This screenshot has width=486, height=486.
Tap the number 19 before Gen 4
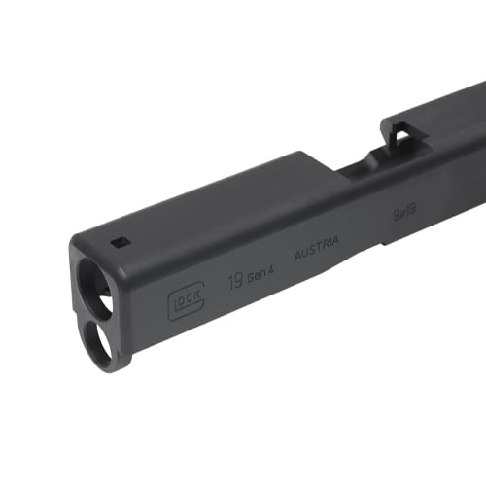click(x=233, y=284)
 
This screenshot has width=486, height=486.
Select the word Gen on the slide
click(x=257, y=278)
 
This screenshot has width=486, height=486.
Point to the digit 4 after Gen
click(x=275, y=273)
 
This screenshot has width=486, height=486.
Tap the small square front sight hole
click(x=120, y=242)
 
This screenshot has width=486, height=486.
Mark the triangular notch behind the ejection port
click(x=399, y=133)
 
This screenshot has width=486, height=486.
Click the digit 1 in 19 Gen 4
click(x=229, y=285)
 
